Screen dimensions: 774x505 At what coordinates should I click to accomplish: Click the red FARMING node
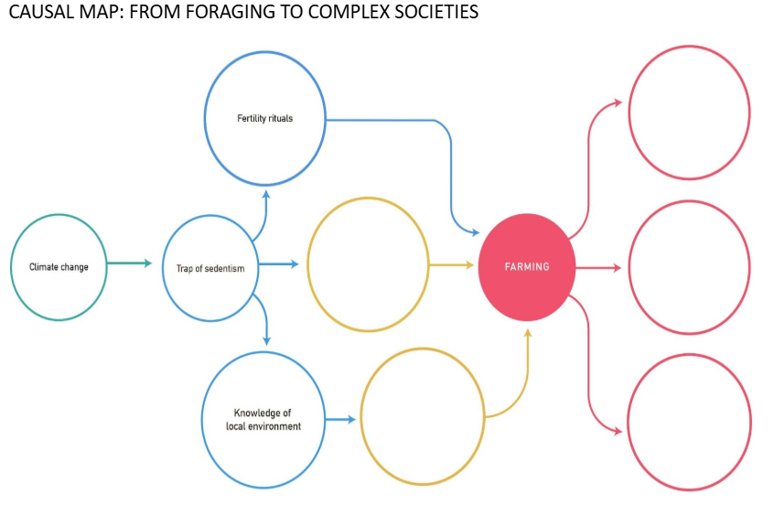(527, 267)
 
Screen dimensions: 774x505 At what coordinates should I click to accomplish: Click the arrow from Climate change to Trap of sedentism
(129, 263)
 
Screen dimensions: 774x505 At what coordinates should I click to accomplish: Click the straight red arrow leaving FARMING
(598, 268)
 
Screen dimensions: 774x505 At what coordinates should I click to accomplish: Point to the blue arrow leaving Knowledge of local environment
(340, 420)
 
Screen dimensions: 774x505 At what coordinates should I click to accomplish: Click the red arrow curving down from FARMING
(588, 365)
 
